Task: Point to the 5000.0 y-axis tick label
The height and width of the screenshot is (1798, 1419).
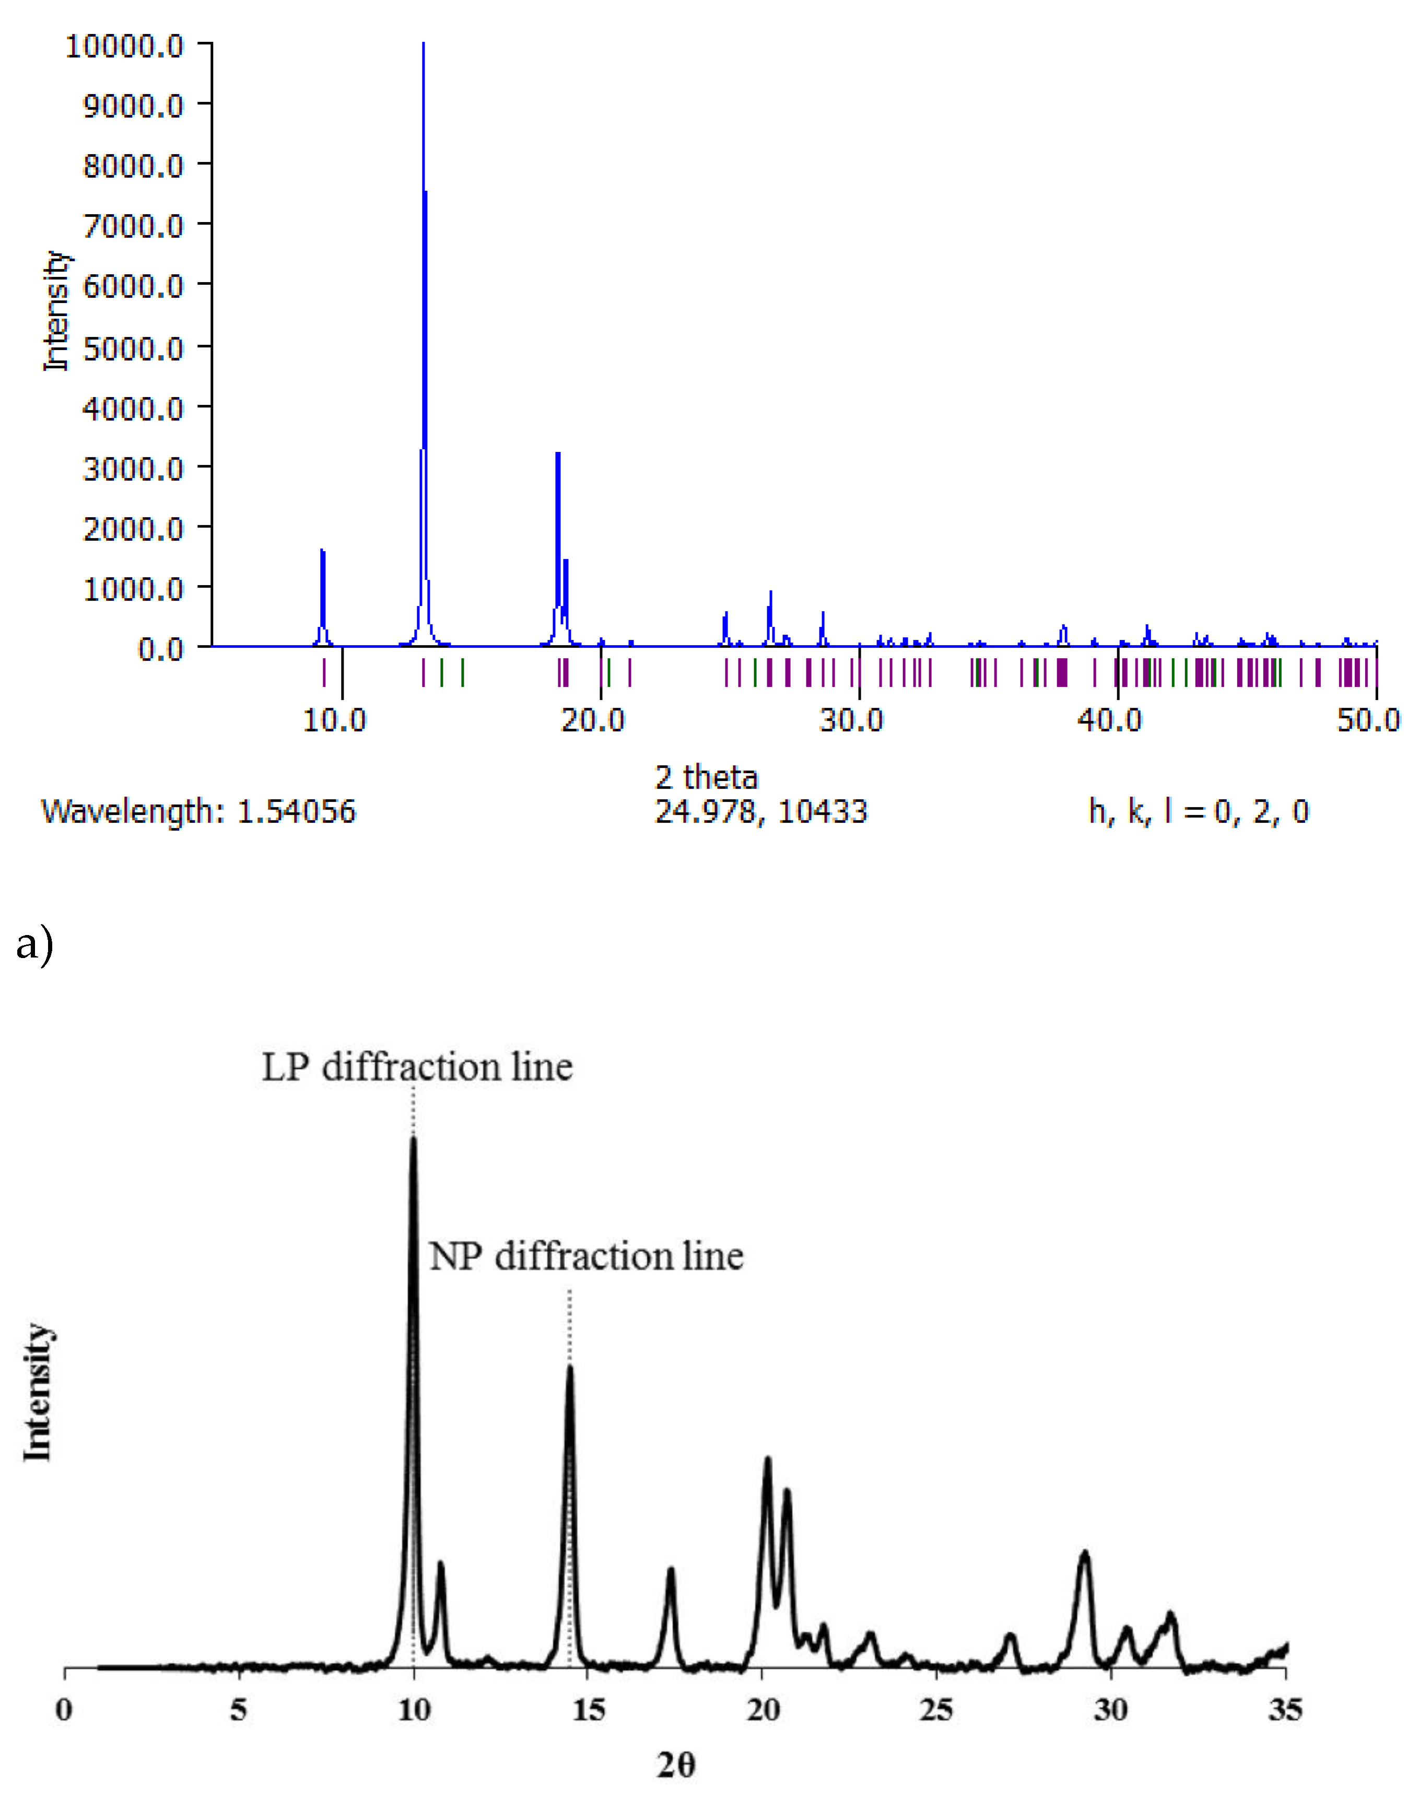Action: point(133,348)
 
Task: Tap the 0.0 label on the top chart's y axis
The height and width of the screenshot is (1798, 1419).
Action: point(160,649)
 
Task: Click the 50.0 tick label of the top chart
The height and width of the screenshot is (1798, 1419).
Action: point(1367,719)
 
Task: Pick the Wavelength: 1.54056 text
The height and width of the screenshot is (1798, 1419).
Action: point(198,811)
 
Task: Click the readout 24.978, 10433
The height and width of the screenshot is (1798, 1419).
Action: point(760,811)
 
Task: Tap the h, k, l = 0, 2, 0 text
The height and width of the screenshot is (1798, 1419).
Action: point(1198,811)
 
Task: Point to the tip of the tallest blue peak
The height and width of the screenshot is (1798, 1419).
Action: point(424,44)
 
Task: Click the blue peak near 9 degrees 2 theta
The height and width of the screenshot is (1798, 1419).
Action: point(322,552)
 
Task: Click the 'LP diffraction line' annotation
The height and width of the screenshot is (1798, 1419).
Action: point(417,1068)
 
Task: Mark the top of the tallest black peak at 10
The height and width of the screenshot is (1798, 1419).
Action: point(413,1139)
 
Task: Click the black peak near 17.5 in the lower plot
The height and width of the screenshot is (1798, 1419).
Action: point(671,1570)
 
